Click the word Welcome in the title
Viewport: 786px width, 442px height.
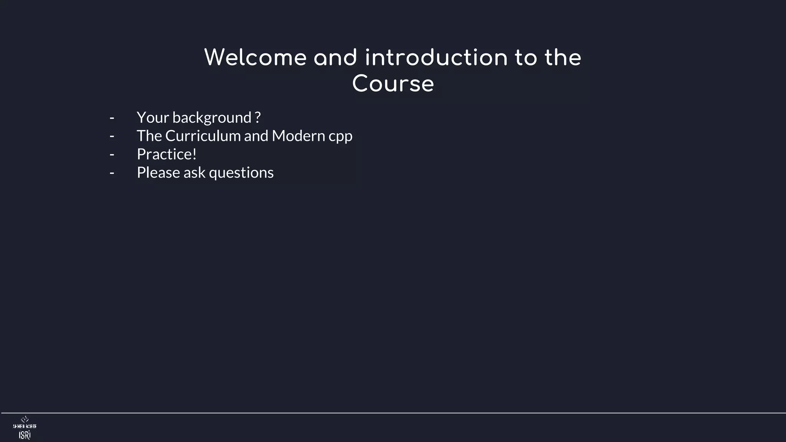tap(255, 58)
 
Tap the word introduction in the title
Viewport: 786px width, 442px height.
tap(436, 58)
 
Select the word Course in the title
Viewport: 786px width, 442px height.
tap(393, 84)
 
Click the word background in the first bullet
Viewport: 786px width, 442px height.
tap(212, 117)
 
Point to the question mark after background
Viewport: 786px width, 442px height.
tap(258, 117)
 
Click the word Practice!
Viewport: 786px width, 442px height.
tap(167, 154)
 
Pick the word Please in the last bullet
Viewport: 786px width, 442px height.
tap(158, 173)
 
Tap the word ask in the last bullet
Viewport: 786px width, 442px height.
tap(195, 173)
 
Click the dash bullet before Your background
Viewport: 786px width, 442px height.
tap(112, 118)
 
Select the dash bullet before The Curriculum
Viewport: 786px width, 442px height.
tap(112, 136)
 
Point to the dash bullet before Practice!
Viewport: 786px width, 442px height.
tap(112, 155)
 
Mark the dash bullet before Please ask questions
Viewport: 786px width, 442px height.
tap(112, 173)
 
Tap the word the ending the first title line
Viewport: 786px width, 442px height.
tap(563, 58)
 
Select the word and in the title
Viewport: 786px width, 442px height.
tap(335, 58)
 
